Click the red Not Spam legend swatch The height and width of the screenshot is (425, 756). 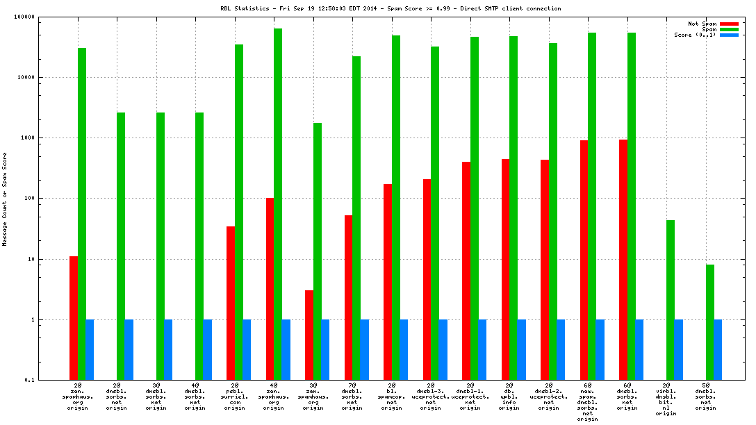coord(728,24)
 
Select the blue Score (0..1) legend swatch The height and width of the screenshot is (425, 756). coord(728,35)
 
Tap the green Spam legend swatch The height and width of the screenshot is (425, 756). coord(728,29)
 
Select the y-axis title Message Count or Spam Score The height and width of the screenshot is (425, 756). coord(5,200)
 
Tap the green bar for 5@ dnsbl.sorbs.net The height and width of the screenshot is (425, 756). coord(710,322)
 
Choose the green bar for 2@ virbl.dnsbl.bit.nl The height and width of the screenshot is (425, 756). coord(671,300)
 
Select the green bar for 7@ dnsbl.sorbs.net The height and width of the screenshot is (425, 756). coord(356,218)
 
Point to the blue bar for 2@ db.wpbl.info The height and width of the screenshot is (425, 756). coord(522,350)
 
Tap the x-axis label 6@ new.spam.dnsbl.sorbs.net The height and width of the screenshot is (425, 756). coord(588,402)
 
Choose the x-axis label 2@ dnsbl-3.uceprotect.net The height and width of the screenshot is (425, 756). coord(431,396)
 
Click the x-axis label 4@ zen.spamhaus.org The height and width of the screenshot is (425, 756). coord(274,396)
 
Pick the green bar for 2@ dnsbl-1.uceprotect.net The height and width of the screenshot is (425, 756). coord(475,208)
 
